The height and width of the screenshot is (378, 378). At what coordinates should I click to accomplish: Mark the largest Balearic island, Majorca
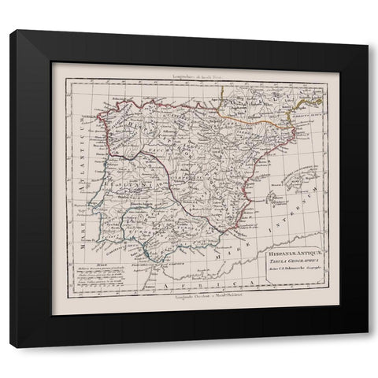click(273, 194)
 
